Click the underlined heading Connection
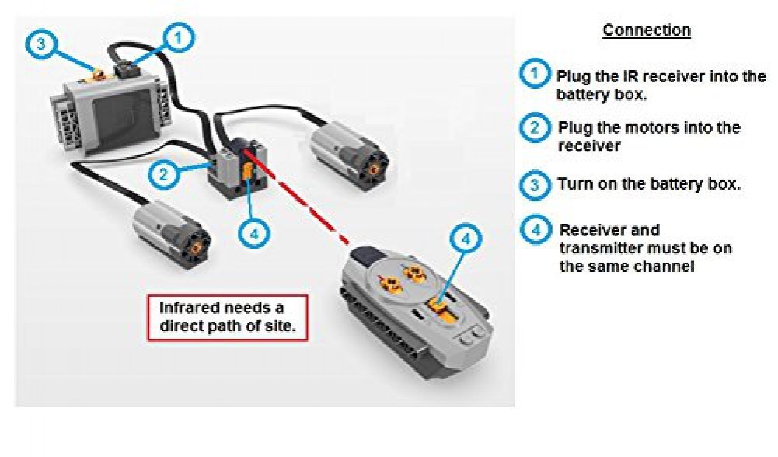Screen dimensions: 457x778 [x=647, y=30]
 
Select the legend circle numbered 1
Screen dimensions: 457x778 [x=534, y=75]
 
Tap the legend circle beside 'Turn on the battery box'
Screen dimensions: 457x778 [x=534, y=185]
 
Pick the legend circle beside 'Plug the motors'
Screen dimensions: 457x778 [x=534, y=127]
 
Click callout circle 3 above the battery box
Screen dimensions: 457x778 [x=41, y=44]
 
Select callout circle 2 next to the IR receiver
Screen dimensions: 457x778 [x=163, y=173]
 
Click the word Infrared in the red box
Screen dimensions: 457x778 [x=190, y=306]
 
